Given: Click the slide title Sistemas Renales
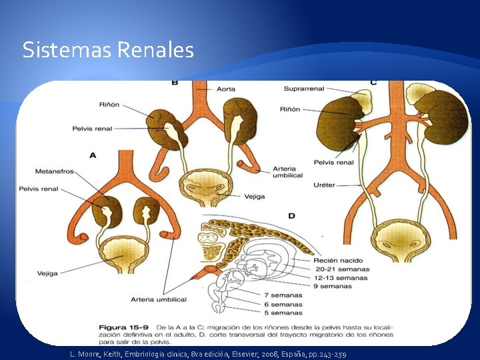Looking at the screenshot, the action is (108, 50).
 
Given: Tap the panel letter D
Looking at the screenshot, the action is (291, 216).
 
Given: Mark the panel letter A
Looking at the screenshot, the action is (93, 155).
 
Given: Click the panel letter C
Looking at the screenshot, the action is (373, 83).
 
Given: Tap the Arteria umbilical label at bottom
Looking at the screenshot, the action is (159, 299).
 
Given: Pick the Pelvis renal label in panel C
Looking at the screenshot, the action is (334, 162).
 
